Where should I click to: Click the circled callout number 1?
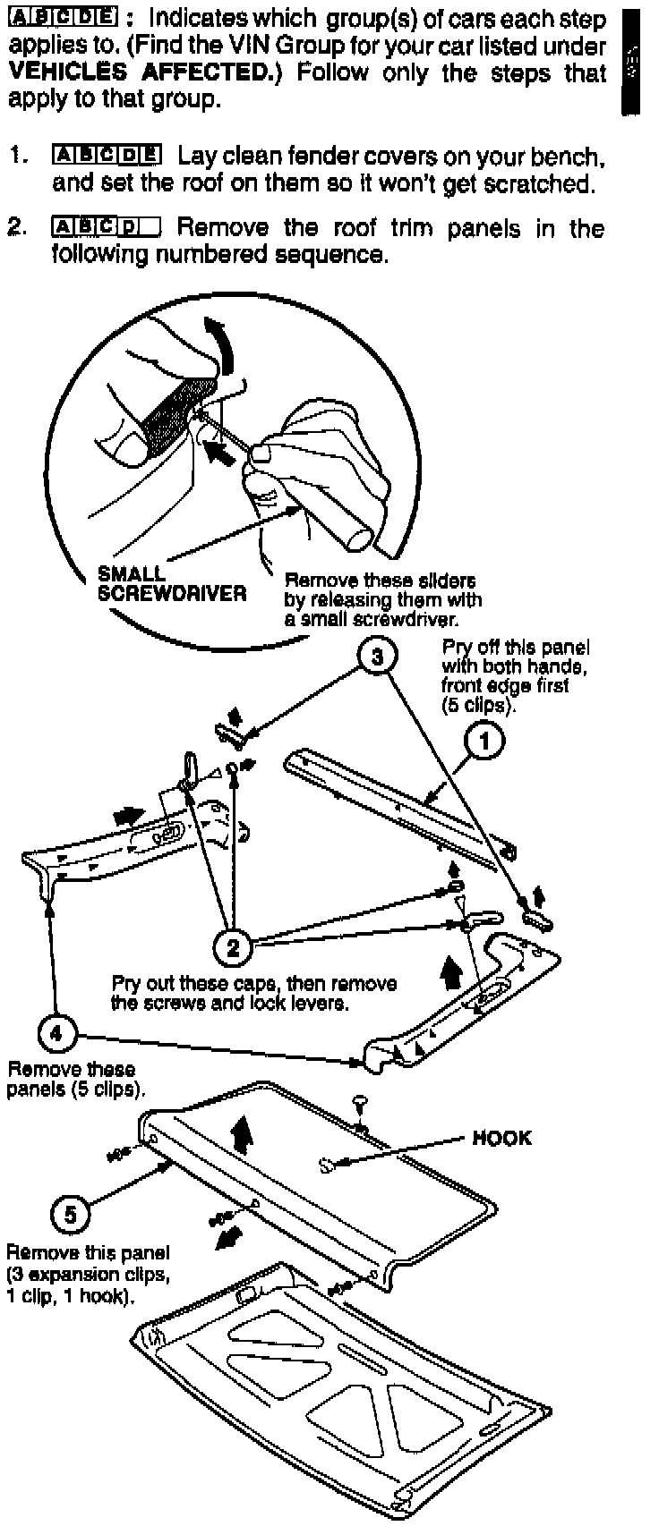(485, 742)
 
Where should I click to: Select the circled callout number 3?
(376, 657)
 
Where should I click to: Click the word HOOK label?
(501, 1138)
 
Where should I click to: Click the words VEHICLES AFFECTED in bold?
(138, 72)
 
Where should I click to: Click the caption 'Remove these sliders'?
(380, 581)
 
